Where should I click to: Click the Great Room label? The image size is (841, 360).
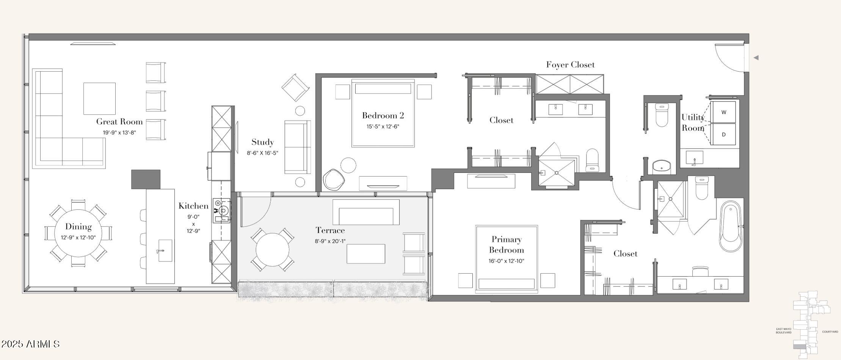tap(119, 122)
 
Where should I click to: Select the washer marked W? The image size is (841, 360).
tap(724, 112)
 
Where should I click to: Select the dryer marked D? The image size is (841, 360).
tap(724, 134)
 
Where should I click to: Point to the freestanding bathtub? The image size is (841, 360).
tap(730, 226)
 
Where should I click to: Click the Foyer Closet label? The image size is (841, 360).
tap(570, 65)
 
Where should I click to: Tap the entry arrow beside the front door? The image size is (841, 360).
tap(756, 58)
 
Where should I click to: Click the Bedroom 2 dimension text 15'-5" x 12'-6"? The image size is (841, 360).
tap(383, 127)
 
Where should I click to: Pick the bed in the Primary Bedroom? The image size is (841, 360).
tap(507, 259)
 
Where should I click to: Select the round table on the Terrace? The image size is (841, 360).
tap(272, 250)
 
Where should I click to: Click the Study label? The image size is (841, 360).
tap(262, 142)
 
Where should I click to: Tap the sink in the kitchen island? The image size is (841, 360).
tap(165, 250)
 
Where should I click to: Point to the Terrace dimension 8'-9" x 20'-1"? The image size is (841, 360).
tap(330, 241)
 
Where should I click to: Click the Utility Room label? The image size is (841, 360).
tap(693, 122)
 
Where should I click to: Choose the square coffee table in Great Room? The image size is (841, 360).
tap(99, 99)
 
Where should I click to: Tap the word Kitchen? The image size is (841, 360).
tap(193, 206)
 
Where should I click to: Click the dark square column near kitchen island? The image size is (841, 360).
tap(146, 179)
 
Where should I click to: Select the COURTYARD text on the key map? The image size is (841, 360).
tap(830, 332)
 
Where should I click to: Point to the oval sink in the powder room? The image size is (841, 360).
tap(662, 166)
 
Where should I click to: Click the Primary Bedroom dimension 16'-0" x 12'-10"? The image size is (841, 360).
tap(506, 261)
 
